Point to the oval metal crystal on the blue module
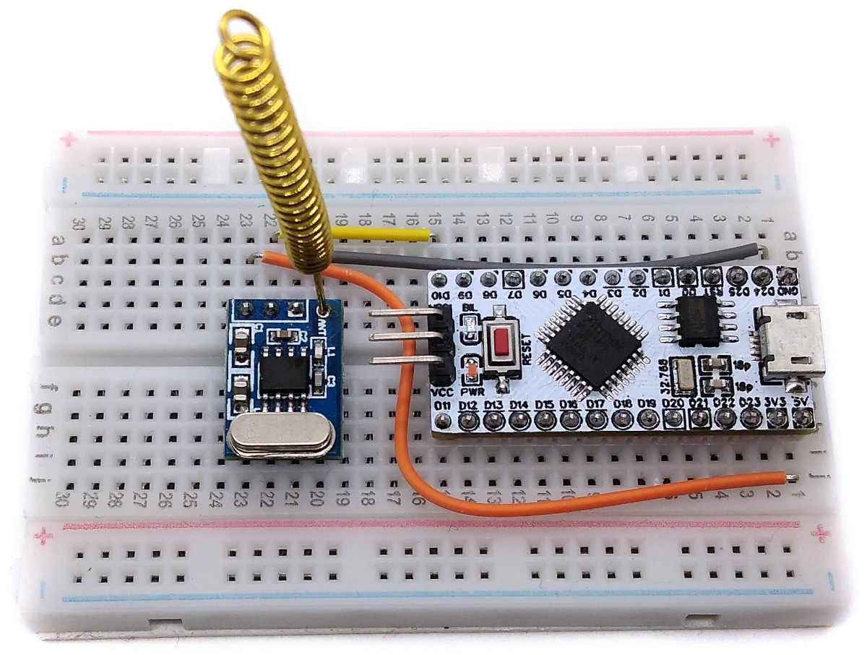280,438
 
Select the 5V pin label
800,401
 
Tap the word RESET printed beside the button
527,346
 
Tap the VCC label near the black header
442,391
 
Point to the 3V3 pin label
775,401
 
